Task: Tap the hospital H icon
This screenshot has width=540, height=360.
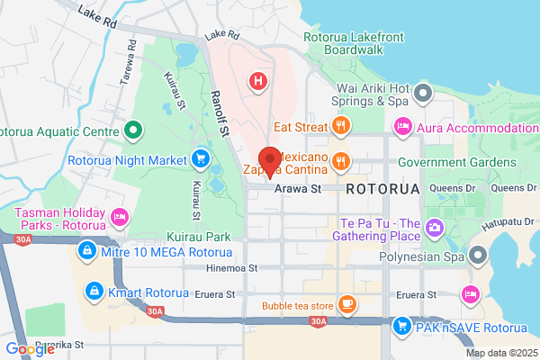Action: (x=259, y=82)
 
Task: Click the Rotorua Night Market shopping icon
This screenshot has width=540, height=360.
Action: (x=200, y=161)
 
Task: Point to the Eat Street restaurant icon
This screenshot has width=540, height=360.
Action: (x=340, y=128)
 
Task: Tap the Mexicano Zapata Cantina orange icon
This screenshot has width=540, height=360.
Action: (x=340, y=161)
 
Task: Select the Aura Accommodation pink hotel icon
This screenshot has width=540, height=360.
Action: (x=403, y=128)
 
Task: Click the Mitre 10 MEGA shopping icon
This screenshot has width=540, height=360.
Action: (x=87, y=249)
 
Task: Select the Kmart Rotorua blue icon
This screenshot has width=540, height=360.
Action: (x=92, y=291)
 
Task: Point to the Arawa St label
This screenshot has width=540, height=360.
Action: (x=298, y=189)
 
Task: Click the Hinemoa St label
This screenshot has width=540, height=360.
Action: (x=232, y=267)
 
